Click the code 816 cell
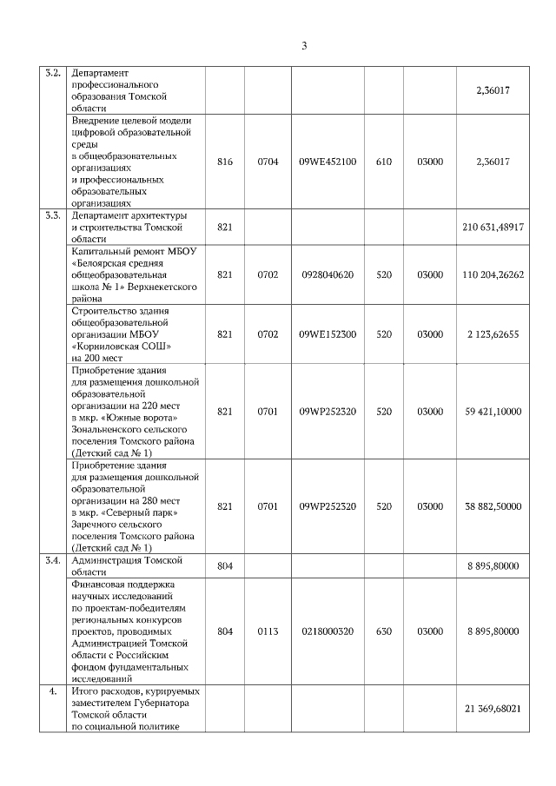coord(225,162)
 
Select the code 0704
coord(268,162)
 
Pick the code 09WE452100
coord(328,162)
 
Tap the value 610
coord(383,162)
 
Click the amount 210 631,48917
coord(493,227)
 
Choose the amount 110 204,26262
coord(493,274)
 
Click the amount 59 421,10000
coord(493,411)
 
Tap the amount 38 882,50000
coord(493,507)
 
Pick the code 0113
coord(268,631)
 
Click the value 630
coord(383,631)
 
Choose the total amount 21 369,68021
coord(493,710)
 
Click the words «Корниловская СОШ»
coord(121,346)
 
